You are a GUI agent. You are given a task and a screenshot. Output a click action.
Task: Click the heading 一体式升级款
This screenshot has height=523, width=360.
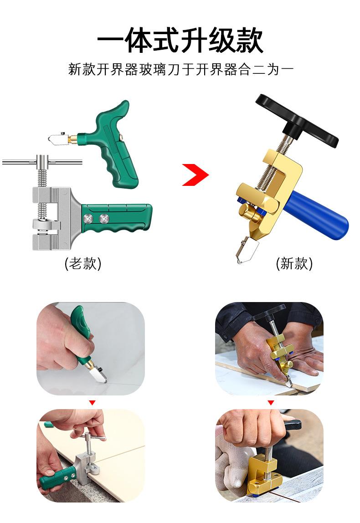180,41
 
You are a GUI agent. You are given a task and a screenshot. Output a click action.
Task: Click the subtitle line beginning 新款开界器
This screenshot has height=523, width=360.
180,69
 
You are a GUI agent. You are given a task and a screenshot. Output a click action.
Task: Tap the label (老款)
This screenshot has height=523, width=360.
83,263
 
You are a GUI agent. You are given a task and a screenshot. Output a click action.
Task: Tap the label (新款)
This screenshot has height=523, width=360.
294,263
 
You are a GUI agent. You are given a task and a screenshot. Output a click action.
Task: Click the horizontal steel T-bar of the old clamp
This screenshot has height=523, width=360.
42,163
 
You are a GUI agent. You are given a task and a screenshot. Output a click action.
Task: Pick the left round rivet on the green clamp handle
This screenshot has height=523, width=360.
88,219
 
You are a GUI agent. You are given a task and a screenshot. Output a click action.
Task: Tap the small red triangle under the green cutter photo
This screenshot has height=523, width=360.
93,403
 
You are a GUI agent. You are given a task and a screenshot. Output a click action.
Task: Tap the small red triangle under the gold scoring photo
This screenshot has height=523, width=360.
271,403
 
